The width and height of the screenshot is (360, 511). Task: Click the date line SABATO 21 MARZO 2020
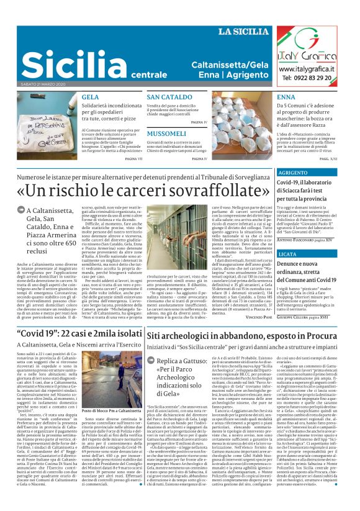(43, 85)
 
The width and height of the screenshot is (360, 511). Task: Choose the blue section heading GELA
(90, 97)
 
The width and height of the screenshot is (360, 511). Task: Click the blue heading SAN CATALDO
(169, 97)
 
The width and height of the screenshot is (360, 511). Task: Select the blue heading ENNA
(286, 97)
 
